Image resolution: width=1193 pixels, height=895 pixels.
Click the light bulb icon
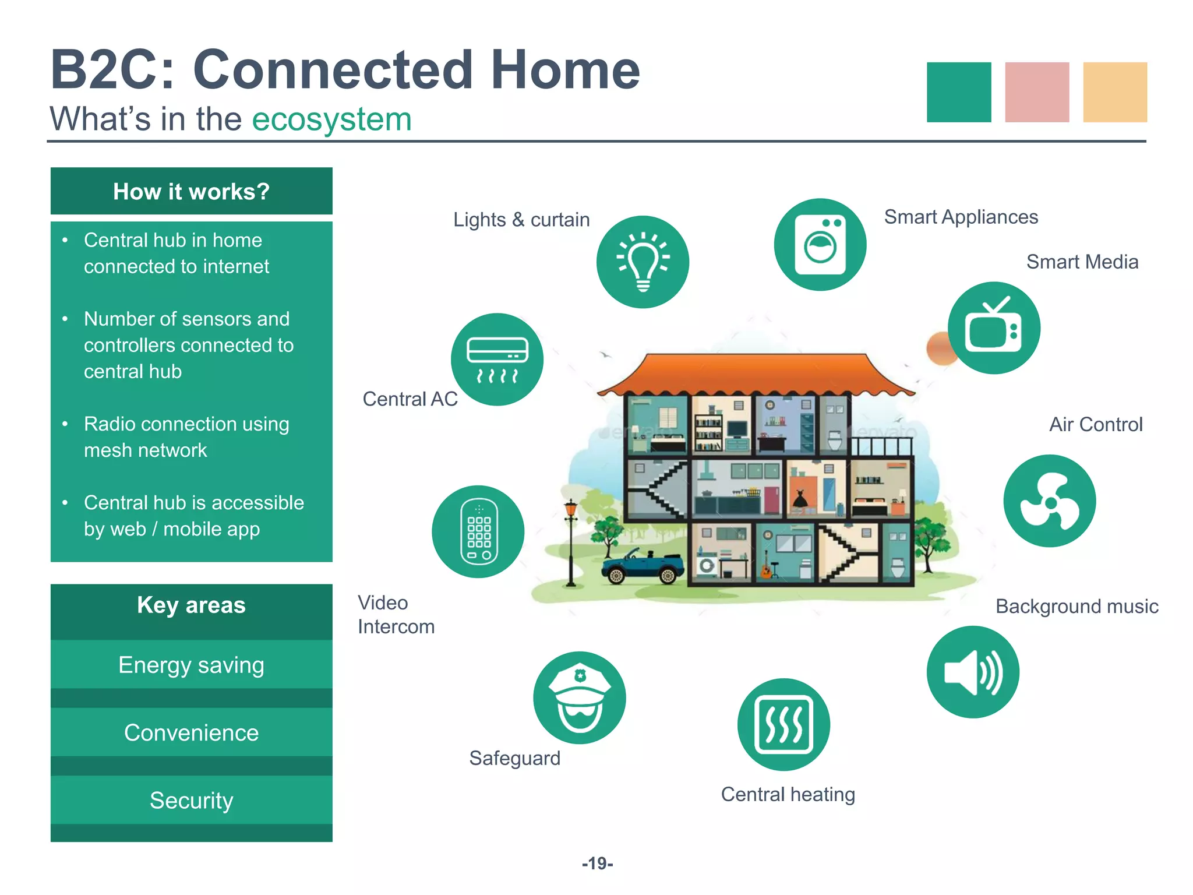(x=643, y=262)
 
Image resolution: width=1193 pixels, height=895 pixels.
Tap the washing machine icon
(x=820, y=245)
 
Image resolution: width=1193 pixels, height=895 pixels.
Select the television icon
(x=994, y=328)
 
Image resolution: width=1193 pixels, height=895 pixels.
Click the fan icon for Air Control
(x=1050, y=501)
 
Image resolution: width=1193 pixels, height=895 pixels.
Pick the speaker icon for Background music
(x=973, y=672)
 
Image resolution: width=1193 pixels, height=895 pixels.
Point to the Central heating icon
(x=783, y=724)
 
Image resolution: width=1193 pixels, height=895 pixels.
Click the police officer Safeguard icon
(x=580, y=698)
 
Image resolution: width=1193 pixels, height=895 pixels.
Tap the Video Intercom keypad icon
(x=478, y=531)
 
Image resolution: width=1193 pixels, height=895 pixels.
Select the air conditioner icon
(x=497, y=360)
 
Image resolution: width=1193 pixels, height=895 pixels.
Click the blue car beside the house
(x=643, y=566)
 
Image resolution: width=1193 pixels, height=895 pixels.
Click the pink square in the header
(x=1037, y=92)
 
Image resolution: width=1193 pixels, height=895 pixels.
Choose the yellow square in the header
(x=1115, y=92)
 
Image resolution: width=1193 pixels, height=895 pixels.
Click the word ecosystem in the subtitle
(x=331, y=119)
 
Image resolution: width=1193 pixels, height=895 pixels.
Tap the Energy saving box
(x=191, y=665)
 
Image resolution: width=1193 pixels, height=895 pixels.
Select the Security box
(x=191, y=800)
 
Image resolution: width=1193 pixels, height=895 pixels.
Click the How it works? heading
(x=191, y=191)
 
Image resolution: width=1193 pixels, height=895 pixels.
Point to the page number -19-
(x=597, y=863)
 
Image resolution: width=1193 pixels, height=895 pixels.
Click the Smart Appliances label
(x=961, y=217)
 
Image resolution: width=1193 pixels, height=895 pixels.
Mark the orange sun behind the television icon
(x=939, y=348)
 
